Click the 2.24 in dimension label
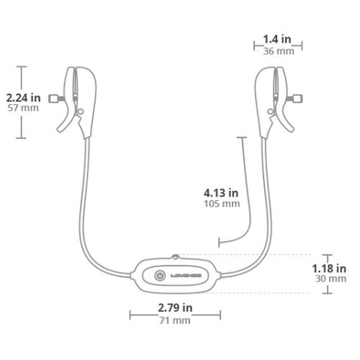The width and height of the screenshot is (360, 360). point(23,97)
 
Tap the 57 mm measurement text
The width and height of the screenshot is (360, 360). point(23,108)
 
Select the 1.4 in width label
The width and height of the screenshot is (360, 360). point(272,39)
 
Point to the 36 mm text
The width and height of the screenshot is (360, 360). point(272,51)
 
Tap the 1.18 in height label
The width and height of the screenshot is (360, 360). point(328,267)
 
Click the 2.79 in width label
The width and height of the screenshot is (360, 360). point(175,307)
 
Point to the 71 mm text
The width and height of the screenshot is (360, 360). point(175,320)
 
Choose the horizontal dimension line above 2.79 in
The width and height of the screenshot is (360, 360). point(175,315)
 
